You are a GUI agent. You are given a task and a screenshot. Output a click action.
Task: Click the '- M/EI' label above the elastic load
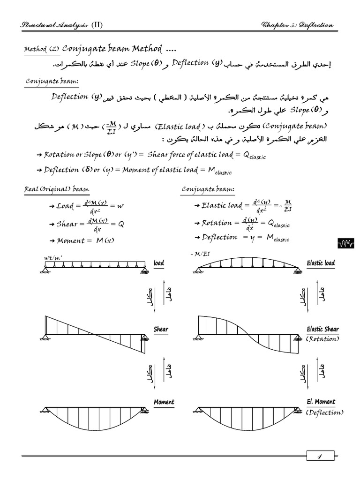coord(200,254)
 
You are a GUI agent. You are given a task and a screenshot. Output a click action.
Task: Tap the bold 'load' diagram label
coord(159,263)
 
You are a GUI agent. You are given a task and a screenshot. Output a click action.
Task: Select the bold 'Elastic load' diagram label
coord(321,263)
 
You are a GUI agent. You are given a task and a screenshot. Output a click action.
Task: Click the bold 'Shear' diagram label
coord(161,329)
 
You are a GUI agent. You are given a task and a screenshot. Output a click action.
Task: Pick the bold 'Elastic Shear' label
coord(322,329)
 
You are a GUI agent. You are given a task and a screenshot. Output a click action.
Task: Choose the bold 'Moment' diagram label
coord(164,402)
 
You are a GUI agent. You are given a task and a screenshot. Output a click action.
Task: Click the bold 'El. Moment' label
coord(321,402)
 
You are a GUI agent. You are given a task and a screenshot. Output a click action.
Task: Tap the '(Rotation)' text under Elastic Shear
coord(323,339)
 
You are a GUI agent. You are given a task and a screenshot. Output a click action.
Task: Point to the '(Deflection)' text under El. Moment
coord(324,412)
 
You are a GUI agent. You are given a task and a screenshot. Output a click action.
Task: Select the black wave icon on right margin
coord(346,243)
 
